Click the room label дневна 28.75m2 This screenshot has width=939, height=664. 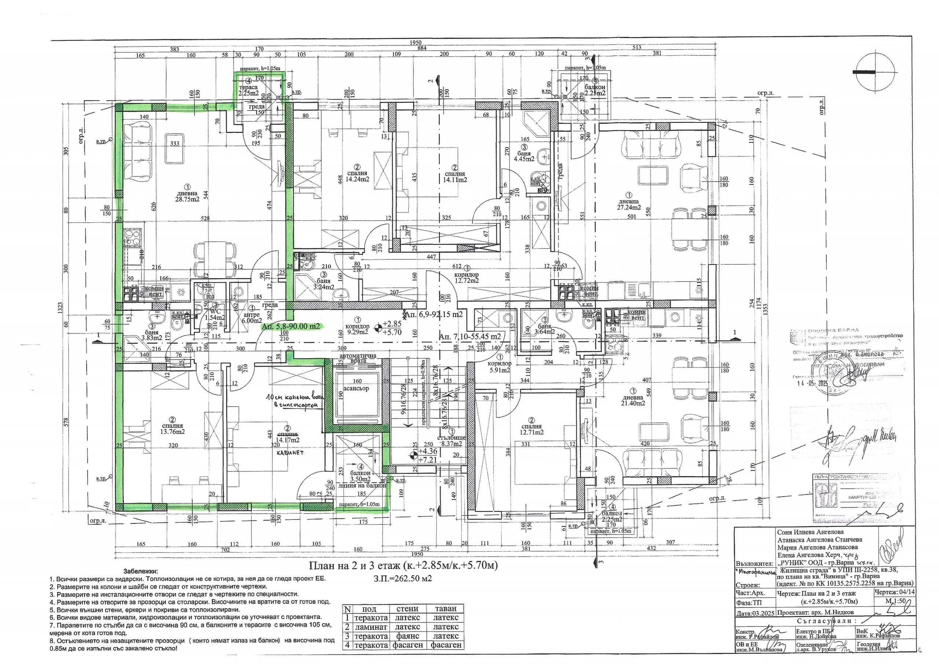[187, 196]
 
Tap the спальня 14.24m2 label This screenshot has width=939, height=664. [357, 176]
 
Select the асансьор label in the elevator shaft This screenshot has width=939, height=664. [356, 388]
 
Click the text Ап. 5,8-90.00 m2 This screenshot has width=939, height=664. [291, 326]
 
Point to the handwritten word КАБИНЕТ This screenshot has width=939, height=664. [290, 453]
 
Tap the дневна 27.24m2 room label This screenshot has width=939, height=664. [629, 204]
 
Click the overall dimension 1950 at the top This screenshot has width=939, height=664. [416, 43]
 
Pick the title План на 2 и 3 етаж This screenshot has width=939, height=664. [403, 566]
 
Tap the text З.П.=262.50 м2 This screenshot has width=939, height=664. [402, 579]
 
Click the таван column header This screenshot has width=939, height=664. [445, 609]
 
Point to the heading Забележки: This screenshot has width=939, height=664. [140, 571]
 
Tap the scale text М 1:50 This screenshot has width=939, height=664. [894, 601]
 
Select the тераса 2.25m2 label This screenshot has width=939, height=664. [248, 90]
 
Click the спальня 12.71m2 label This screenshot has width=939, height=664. [531, 429]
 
